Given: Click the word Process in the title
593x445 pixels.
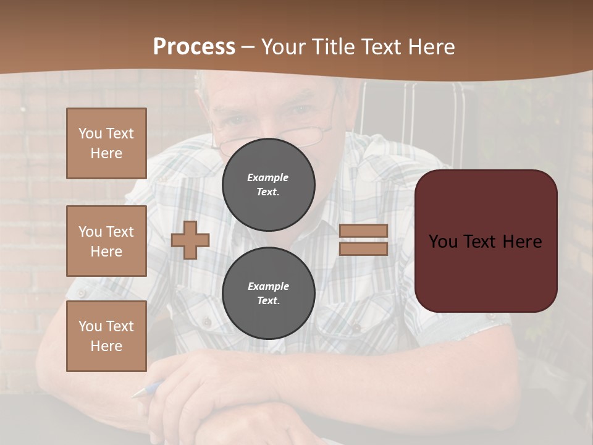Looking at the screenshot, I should pyautogui.click(x=194, y=47).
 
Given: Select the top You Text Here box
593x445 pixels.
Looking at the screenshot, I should pyautogui.click(x=106, y=143).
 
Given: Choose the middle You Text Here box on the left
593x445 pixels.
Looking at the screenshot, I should pyautogui.click(x=106, y=241).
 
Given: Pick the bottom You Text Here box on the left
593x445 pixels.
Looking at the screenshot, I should pyautogui.click(x=106, y=336).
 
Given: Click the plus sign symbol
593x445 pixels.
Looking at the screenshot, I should pyautogui.click(x=190, y=240).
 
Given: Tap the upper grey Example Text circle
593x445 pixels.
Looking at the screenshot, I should pyautogui.click(x=269, y=184).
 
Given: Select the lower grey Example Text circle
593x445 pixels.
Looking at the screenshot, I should pyautogui.click(x=269, y=293).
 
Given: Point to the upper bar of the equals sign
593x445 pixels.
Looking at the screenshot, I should pyautogui.click(x=363, y=231).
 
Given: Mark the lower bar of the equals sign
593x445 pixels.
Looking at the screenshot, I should pyautogui.click(x=363, y=248).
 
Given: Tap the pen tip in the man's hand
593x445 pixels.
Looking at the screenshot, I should pyautogui.click(x=137, y=393).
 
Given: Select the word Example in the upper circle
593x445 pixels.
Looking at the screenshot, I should pyautogui.click(x=267, y=177).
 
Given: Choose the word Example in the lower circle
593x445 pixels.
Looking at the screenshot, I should pyautogui.click(x=268, y=286).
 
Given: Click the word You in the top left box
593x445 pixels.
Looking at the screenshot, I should pyautogui.click(x=90, y=133).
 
